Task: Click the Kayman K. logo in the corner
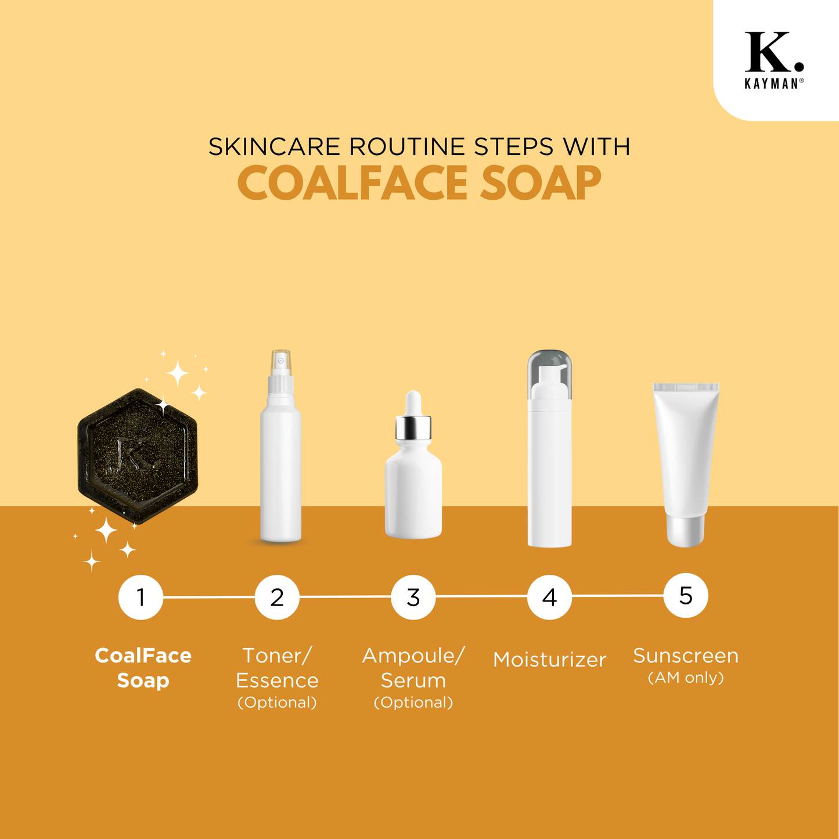[774, 60]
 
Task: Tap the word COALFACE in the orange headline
[353, 183]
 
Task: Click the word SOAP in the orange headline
[541, 183]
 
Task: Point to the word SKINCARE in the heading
[274, 146]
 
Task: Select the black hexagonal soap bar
[138, 456]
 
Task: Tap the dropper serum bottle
[413, 464]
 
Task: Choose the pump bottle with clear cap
[549, 448]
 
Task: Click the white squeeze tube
[686, 465]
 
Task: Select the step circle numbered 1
[141, 597]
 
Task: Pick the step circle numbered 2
[277, 597]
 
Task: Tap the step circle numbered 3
[413, 597]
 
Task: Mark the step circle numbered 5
[686, 595]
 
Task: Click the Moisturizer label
[549, 660]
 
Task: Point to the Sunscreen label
[686, 656]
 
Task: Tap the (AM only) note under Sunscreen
[686, 678]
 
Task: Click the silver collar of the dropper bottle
[413, 427]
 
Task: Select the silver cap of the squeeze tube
[686, 531]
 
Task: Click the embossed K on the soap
[134, 453]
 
